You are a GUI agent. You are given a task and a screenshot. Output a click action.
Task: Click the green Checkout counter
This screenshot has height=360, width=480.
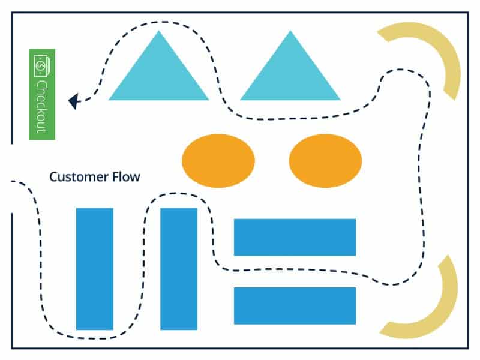(x=42, y=94)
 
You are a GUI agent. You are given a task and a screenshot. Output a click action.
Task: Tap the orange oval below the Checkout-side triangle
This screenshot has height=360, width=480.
(x=218, y=161)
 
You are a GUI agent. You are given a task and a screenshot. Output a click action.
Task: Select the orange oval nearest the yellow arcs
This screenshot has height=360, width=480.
(x=325, y=161)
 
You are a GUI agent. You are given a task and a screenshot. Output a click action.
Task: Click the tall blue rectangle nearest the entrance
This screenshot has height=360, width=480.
(x=95, y=269)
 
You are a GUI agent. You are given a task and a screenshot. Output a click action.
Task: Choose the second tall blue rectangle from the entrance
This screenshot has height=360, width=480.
(x=179, y=269)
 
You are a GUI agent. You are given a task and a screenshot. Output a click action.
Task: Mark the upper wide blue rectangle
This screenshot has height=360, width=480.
(x=295, y=237)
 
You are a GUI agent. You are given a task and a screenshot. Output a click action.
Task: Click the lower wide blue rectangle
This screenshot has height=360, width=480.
(x=295, y=306)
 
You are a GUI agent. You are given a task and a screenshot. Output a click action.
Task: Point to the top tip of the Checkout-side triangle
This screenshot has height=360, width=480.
(x=158, y=32)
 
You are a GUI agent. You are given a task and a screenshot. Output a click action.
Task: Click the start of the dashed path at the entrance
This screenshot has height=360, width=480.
(x=13, y=181)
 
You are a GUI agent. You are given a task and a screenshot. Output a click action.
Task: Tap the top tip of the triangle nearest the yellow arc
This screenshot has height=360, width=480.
(x=290, y=32)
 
